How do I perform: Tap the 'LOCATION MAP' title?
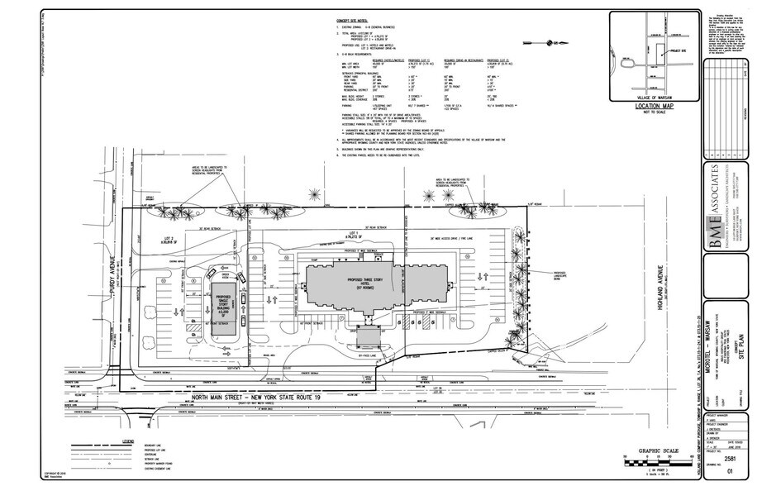coord(655,107)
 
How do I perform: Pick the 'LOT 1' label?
coord(352,233)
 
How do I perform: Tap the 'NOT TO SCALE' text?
coord(656,114)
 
